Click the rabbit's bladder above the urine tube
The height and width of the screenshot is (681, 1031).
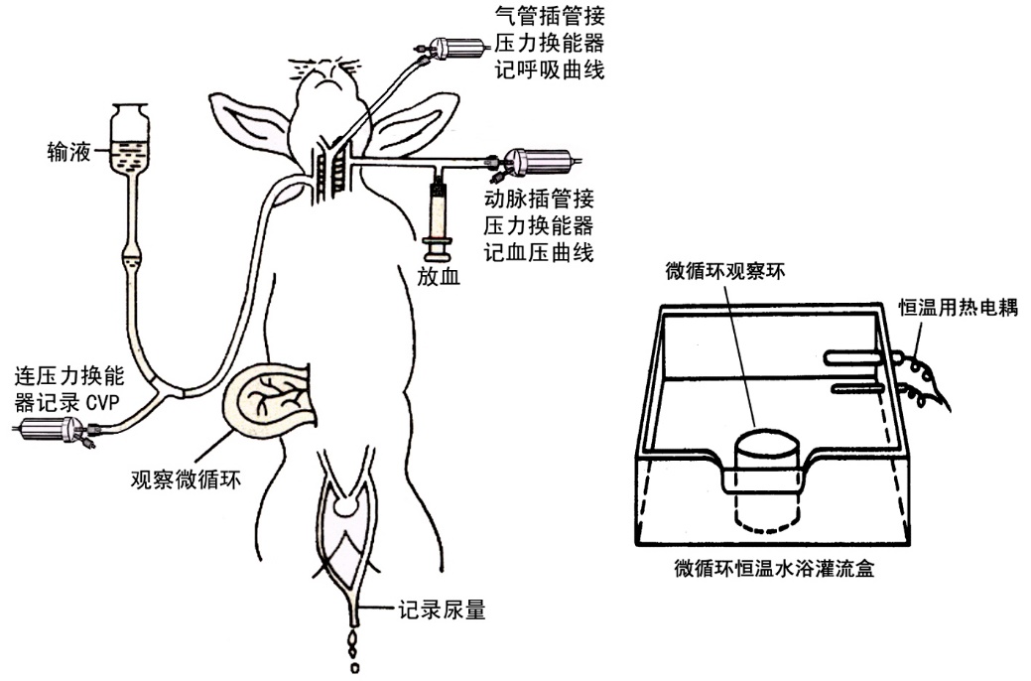tap(346, 505)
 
